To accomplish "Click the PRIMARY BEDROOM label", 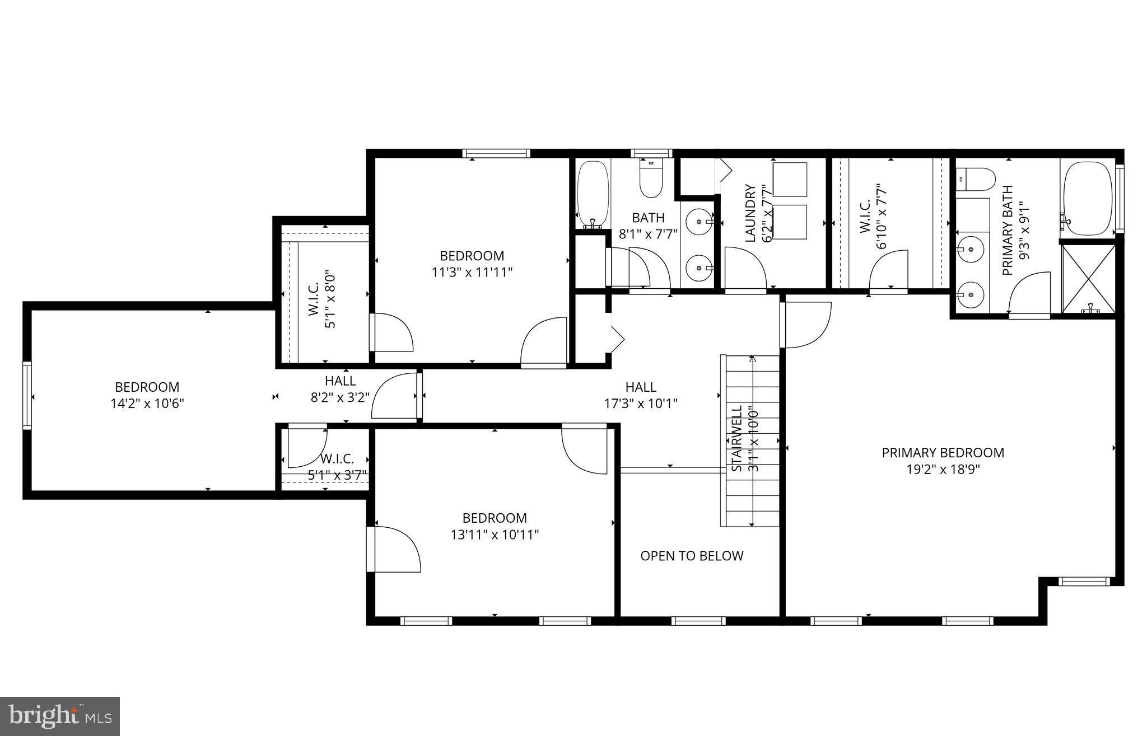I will coord(943,452).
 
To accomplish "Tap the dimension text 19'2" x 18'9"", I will coord(943,470).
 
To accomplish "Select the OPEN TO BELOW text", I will coord(692,556).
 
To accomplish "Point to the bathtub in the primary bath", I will coord(1088,199).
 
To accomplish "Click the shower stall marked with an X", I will coord(1088,278).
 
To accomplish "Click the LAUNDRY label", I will coord(750,213).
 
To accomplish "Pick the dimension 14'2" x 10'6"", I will coord(147,404).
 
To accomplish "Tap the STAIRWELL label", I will coord(736,438).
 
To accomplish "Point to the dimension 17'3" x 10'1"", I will coord(641,403).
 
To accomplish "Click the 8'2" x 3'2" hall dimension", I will coord(340,397).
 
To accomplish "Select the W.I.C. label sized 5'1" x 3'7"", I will coord(337,459).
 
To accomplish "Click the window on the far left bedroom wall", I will coord(27,395).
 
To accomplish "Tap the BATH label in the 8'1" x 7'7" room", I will coord(648,217).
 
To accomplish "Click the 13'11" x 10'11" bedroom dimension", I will coord(495,535).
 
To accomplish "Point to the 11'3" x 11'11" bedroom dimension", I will coord(472,273).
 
